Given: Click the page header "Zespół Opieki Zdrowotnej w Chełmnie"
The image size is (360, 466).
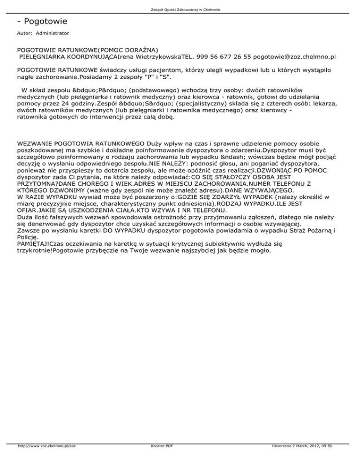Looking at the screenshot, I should [180, 9].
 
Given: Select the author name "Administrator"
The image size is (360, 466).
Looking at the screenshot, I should [52, 34].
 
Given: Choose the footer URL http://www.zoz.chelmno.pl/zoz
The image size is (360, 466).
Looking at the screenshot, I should [45, 459].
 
